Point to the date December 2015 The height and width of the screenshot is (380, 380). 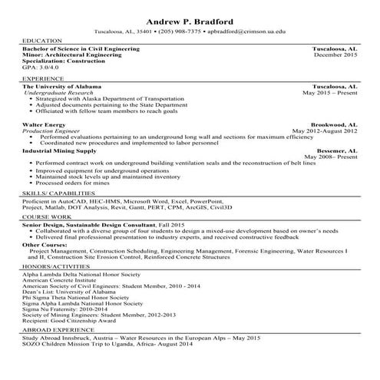[x=335, y=55]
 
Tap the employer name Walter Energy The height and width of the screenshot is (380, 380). [x=43, y=124]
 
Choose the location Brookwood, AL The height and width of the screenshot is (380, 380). [x=333, y=124]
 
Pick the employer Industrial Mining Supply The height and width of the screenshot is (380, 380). [x=60, y=151]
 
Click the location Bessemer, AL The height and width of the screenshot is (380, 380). [x=336, y=151]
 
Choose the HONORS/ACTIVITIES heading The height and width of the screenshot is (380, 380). [x=53, y=266]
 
